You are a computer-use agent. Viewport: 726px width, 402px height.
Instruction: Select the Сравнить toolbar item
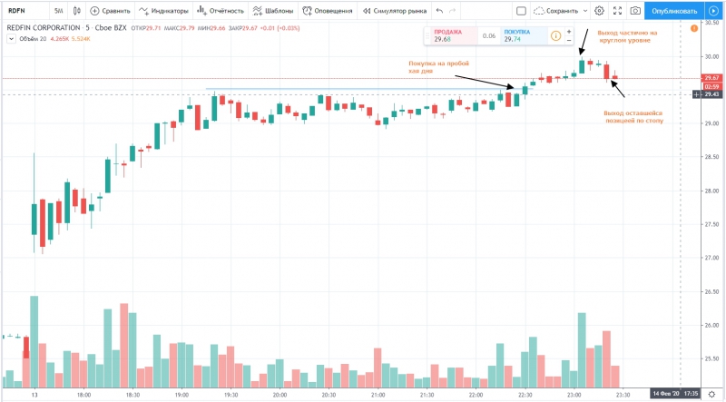(x=109, y=11)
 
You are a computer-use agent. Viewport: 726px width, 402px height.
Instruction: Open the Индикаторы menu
(x=164, y=11)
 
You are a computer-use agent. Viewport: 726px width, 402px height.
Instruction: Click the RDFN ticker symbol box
(x=22, y=11)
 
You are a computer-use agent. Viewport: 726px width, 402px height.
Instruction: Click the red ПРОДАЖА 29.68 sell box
(x=448, y=35)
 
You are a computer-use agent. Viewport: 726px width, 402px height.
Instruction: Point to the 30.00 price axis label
(x=709, y=56)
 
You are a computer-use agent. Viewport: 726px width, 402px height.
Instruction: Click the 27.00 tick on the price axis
(x=709, y=258)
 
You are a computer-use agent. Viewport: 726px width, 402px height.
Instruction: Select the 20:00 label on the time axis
(x=280, y=396)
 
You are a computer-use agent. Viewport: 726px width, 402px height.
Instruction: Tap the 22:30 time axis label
(x=525, y=396)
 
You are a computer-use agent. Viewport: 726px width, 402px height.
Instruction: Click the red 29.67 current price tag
(x=711, y=78)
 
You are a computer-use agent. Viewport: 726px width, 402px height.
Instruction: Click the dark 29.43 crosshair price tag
(x=711, y=93)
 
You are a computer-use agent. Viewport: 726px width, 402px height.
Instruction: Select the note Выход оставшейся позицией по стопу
(x=633, y=117)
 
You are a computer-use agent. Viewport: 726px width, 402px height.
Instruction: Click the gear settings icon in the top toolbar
(x=599, y=11)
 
